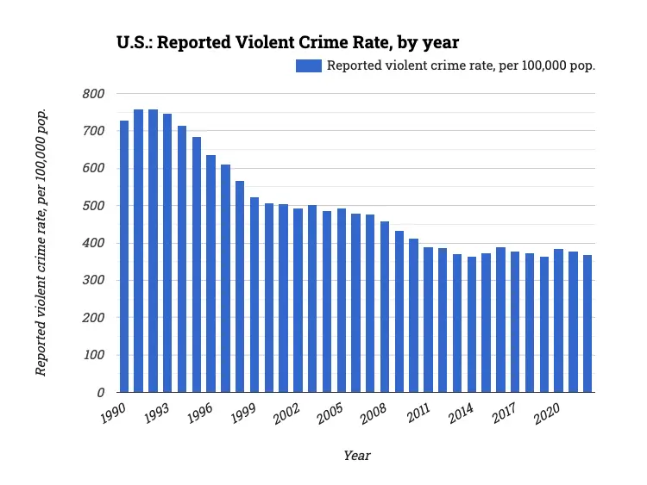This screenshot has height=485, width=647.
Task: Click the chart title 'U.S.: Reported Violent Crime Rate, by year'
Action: click(287, 42)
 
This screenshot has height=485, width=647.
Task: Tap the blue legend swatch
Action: click(308, 65)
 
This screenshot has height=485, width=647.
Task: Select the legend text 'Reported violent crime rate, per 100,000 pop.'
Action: click(461, 65)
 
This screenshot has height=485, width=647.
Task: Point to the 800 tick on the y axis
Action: click(92, 94)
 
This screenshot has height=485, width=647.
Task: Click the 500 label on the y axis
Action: click(92, 206)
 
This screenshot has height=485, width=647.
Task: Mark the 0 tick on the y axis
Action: click(100, 393)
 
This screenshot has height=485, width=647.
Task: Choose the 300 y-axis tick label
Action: click(92, 281)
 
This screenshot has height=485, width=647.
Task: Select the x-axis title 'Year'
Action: click(356, 455)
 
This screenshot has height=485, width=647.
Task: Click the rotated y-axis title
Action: click(41, 243)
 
